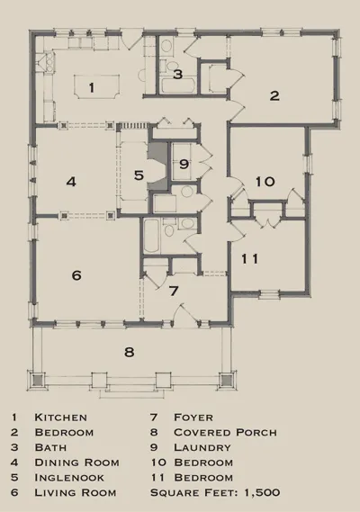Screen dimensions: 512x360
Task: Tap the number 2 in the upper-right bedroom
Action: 274,95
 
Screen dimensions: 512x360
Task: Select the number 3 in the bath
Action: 178,75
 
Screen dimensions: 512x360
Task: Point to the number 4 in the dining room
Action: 71,181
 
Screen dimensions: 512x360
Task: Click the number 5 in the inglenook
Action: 139,175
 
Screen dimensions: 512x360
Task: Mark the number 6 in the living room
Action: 76,275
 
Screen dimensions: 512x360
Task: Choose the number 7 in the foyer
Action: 175,291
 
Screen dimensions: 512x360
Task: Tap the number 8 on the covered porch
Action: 130,351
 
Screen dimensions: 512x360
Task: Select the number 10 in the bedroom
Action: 264,181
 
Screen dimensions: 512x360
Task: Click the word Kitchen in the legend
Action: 60,418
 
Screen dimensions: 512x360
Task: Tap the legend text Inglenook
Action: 68,477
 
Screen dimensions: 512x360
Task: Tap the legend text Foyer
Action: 196,418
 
